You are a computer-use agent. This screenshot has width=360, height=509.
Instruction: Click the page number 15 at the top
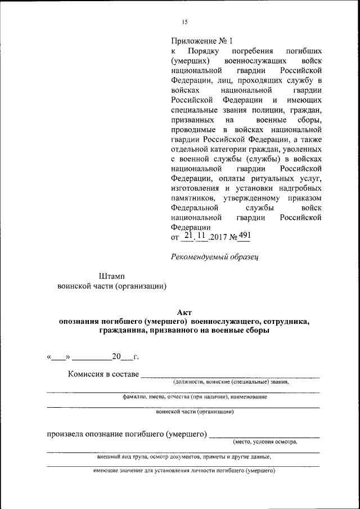[x=184, y=22]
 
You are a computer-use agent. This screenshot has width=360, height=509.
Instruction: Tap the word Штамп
[x=112, y=276]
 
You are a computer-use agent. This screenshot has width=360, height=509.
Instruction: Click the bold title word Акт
[x=184, y=312]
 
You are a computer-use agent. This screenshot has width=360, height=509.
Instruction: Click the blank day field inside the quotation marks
[x=59, y=357]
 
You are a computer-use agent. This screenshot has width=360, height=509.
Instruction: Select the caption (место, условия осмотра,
[x=265, y=442]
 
